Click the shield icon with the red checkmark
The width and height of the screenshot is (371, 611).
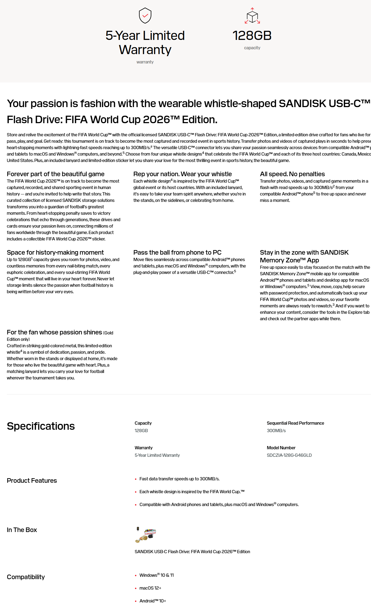pos(145,16)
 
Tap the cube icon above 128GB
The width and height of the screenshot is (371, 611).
pos(252,16)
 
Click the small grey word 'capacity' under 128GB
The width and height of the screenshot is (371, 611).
pos(252,48)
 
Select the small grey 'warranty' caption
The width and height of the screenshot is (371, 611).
pos(145,62)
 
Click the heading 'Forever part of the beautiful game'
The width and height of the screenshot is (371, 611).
pos(55,174)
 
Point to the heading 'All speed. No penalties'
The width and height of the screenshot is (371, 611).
pos(292,174)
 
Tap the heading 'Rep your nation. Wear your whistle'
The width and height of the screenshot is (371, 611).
pos(182,174)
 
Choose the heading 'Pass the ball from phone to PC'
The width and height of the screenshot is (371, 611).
pos(177,252)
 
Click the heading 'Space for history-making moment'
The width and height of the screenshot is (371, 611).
pos(55,252)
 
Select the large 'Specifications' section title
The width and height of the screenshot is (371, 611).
pos(41,426)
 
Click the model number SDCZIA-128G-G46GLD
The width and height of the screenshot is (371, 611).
pos(289,455)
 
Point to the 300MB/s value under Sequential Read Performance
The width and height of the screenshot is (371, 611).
pos(276,431)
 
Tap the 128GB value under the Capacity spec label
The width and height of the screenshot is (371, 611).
pos(141,431)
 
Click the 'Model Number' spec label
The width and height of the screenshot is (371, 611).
pos(281,448)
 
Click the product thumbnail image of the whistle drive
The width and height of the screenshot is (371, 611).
pos(146,535)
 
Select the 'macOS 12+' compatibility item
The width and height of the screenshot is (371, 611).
pos(150,588)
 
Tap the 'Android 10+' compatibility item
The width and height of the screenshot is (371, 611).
pos(153,601)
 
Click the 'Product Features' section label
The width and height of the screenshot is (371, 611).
pos(32,481)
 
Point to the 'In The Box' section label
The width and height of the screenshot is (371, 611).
pos(22,530)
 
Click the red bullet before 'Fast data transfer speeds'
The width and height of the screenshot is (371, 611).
pos(136,479)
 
